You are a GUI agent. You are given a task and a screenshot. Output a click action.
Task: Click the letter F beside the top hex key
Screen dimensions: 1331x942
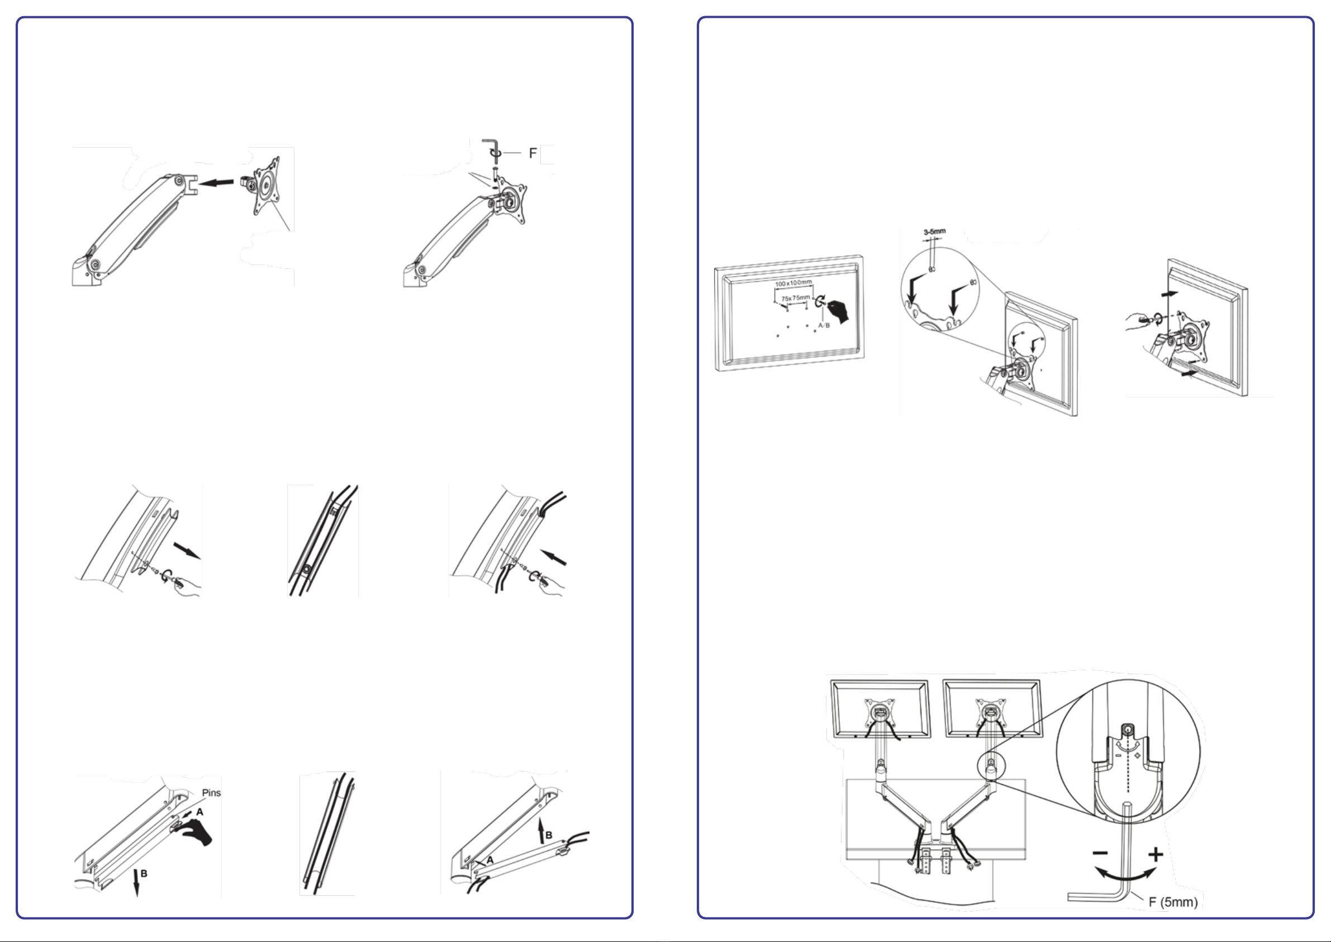(533, 153)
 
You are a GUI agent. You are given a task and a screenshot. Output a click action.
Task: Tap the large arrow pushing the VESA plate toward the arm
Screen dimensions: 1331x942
(216, 183)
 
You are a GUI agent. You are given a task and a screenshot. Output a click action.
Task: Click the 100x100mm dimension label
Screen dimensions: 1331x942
(793, 283)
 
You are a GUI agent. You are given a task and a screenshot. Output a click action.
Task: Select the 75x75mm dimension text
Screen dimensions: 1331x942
(795, 298)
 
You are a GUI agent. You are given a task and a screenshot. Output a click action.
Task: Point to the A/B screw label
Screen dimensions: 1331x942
(824, 325)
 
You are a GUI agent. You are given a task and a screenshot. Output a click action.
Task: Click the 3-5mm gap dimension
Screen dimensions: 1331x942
(934, 231)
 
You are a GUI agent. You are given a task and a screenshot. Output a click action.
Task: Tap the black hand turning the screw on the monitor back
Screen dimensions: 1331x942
(840, 310)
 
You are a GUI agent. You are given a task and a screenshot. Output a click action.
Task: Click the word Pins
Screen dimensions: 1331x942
(211, 792)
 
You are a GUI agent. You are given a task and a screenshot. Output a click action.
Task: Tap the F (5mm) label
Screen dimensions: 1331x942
(1173, 902)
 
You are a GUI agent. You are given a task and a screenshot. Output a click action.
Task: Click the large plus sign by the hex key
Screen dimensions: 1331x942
(1156, 854)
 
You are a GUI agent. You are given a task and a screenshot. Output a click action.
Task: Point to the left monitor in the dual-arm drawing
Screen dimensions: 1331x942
(880, 709)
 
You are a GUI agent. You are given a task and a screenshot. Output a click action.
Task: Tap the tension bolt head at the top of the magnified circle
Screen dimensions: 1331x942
(1126, 729)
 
